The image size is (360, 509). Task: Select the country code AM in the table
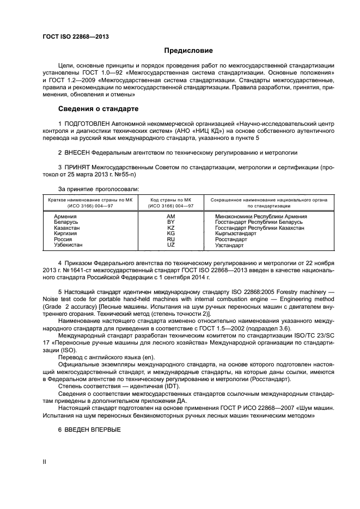pos(170,216)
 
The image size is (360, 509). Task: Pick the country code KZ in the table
pos(170,228)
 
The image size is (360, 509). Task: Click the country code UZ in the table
pos(170,245)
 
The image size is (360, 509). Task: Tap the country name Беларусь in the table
pos(66,222)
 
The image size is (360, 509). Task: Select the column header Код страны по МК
pos(170,200)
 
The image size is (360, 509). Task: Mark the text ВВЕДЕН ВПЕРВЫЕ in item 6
pos(93,428)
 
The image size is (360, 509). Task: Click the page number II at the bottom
pos(45,462)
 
